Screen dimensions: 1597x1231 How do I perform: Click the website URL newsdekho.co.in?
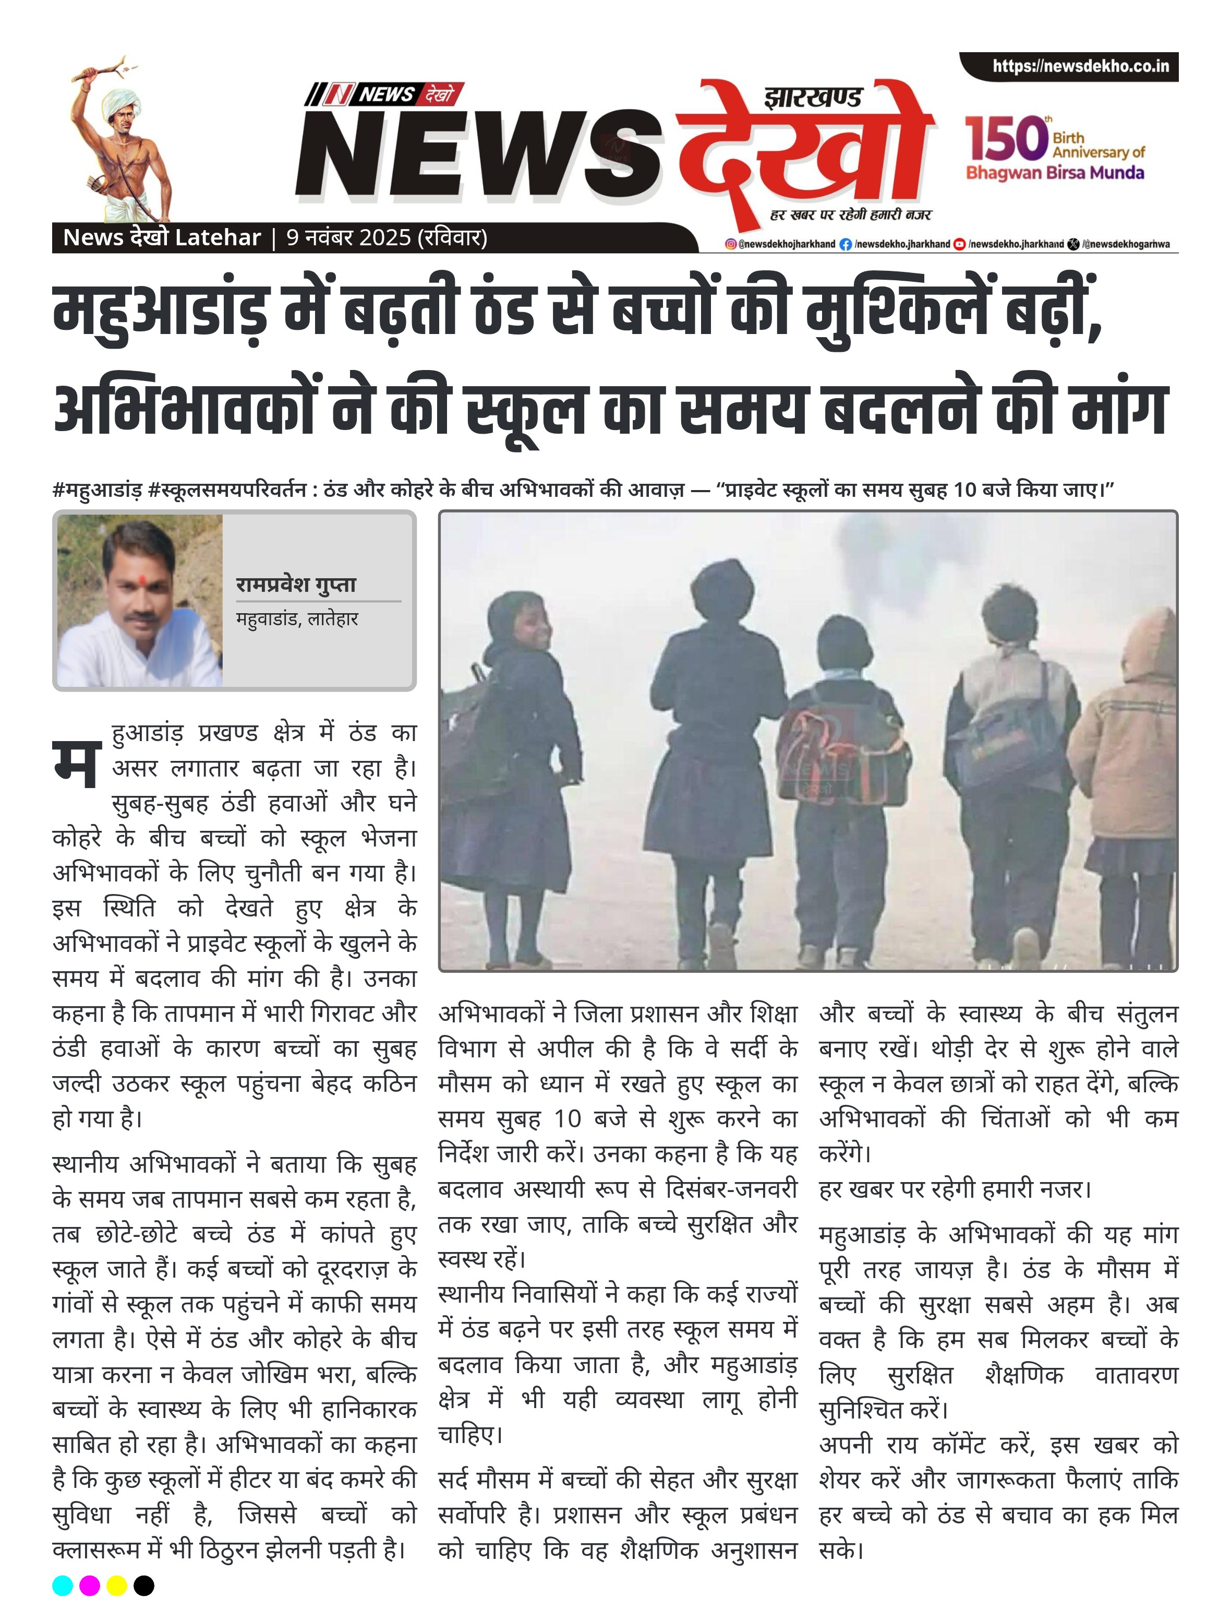[x=1080, y=67]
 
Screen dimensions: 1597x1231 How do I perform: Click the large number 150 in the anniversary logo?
[x=1006, y=139]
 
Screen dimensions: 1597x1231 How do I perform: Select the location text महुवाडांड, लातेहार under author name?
[x=297, y=618]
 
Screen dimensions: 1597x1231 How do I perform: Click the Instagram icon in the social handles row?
[x=730, y=244]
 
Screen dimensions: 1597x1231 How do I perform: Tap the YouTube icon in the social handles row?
[x=960, y=244]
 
